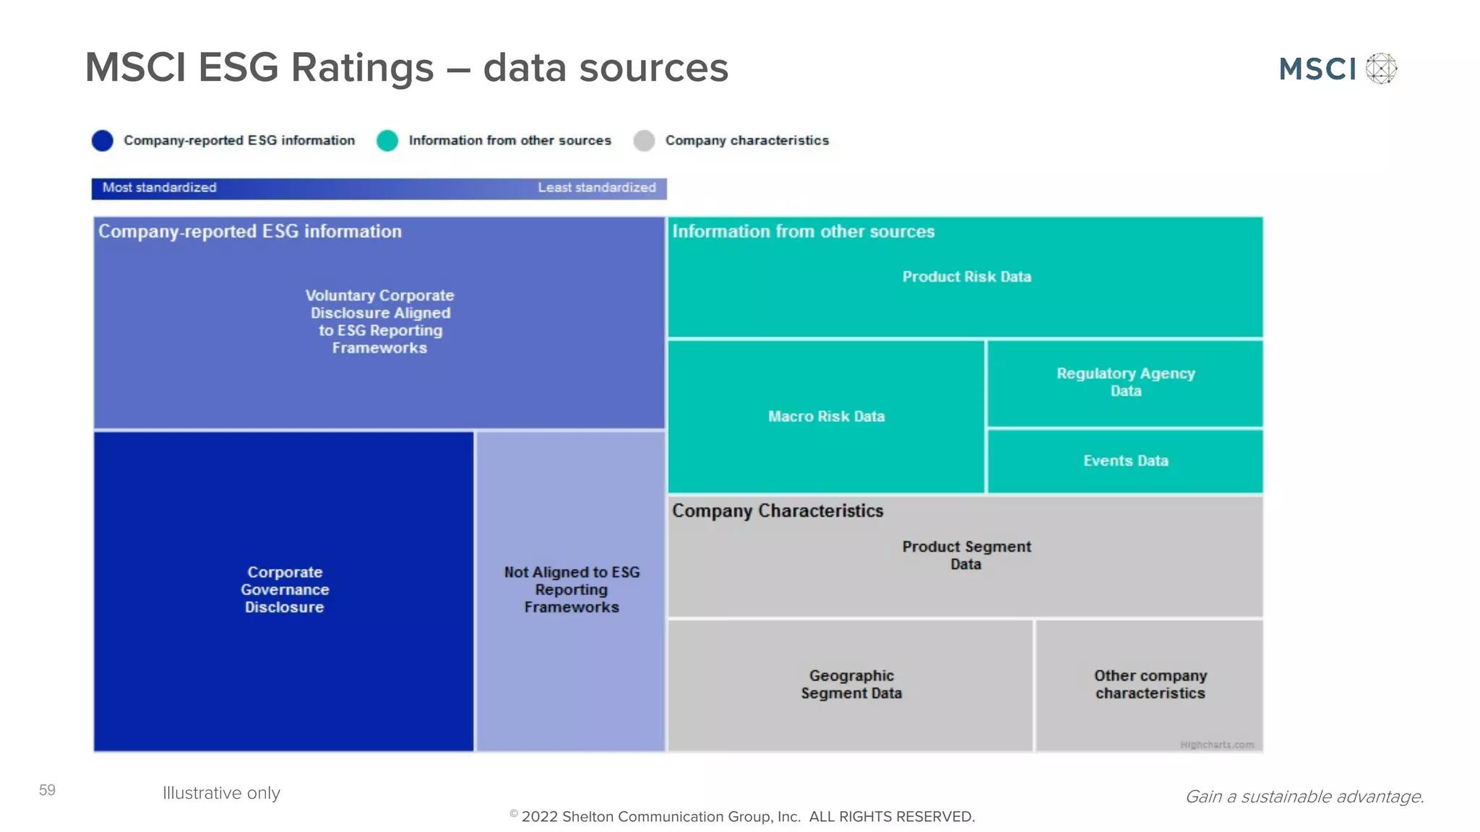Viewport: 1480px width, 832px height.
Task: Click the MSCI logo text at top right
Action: (1317, 69)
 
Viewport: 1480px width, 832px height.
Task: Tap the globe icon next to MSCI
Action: (1381, 69)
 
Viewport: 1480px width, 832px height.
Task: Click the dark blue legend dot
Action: (103, 140)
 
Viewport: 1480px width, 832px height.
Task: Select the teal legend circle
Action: (387, 140)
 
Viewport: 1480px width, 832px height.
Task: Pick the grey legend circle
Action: (644, 140)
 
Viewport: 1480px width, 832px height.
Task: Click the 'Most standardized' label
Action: (159, 188)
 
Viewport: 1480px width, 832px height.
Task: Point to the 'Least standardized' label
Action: (596, 188)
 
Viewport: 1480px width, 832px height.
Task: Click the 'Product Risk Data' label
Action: (966, 277)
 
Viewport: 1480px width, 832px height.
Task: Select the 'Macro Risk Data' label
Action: (826, 416)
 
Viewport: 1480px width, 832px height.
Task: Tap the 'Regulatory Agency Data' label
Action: (1125, 382)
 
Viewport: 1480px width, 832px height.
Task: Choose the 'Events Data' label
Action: (1125, 461)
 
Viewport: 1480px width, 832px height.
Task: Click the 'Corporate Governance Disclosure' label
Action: (285, 589)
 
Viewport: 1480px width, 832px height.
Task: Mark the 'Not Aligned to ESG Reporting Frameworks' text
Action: (572, 589)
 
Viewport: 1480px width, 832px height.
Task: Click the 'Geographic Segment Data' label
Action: (851, 684)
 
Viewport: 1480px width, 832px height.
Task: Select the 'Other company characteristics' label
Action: (1150, 684)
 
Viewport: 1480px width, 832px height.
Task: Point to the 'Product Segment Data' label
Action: (966, 555)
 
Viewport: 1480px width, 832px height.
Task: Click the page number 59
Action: (47, 790)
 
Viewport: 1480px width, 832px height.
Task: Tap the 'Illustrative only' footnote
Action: (221, 793)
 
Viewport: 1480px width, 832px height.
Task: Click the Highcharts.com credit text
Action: (1217, 745)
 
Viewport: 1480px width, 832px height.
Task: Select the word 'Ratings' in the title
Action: (362, 68)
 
